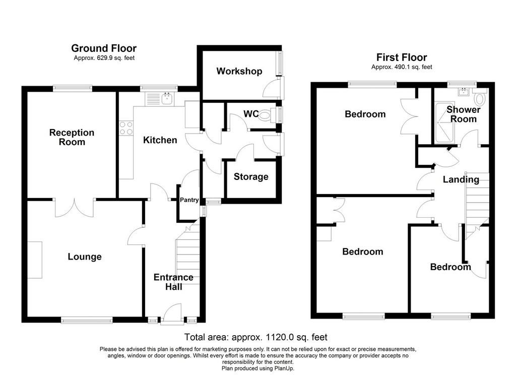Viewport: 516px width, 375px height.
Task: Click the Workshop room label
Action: coord(239,71)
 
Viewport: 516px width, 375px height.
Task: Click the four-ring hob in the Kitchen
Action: coord(126,128)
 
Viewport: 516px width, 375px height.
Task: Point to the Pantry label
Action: coord(189,200)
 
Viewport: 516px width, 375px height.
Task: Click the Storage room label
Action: coord(251,177)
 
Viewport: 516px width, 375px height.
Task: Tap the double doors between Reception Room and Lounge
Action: coord(75,208)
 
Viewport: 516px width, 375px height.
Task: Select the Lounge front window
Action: coord(87,320)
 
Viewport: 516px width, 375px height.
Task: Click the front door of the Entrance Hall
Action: coord(172,314)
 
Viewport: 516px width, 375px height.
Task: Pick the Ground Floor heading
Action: coord(104,48)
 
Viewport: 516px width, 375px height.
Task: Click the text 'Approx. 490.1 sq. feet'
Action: coord(402,67)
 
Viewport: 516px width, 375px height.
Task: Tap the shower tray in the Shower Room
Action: coord(445,122)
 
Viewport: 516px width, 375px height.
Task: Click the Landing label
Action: coord(461,179)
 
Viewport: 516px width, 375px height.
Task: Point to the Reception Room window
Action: coord(73,88)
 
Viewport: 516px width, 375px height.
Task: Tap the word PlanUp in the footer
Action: coord(284,368)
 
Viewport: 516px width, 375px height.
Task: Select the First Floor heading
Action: coord(402,57)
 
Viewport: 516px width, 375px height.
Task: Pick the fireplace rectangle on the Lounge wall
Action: coord(35,260)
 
